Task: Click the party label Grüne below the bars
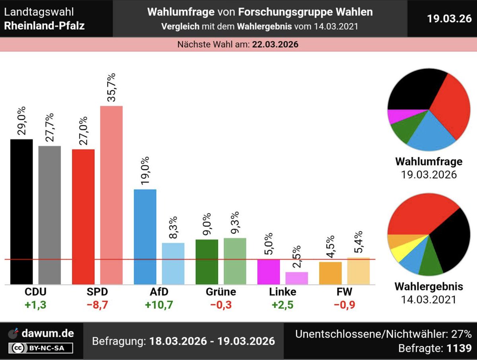coord(221,292)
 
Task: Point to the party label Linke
coord(282,292)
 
